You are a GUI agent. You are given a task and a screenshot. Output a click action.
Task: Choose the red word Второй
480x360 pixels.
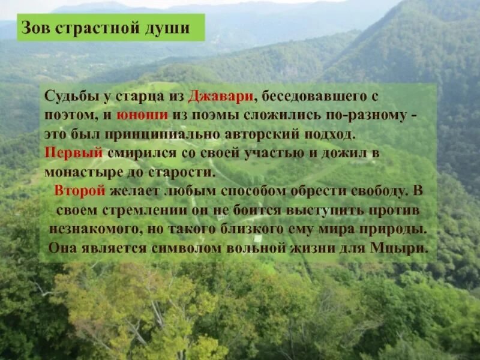click(x=80, y=191)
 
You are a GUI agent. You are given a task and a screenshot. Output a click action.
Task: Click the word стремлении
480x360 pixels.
click(x=137, y=211)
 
